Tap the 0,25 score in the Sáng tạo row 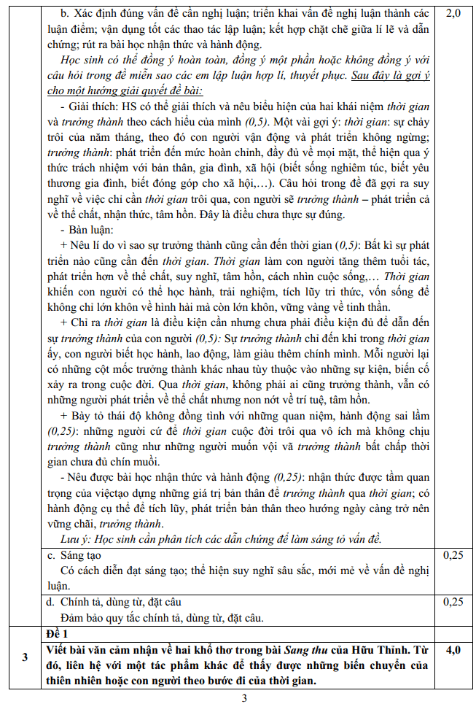tap(452, 554)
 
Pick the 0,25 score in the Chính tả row tap(452, 602)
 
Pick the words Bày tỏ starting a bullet tap(87, 415)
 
